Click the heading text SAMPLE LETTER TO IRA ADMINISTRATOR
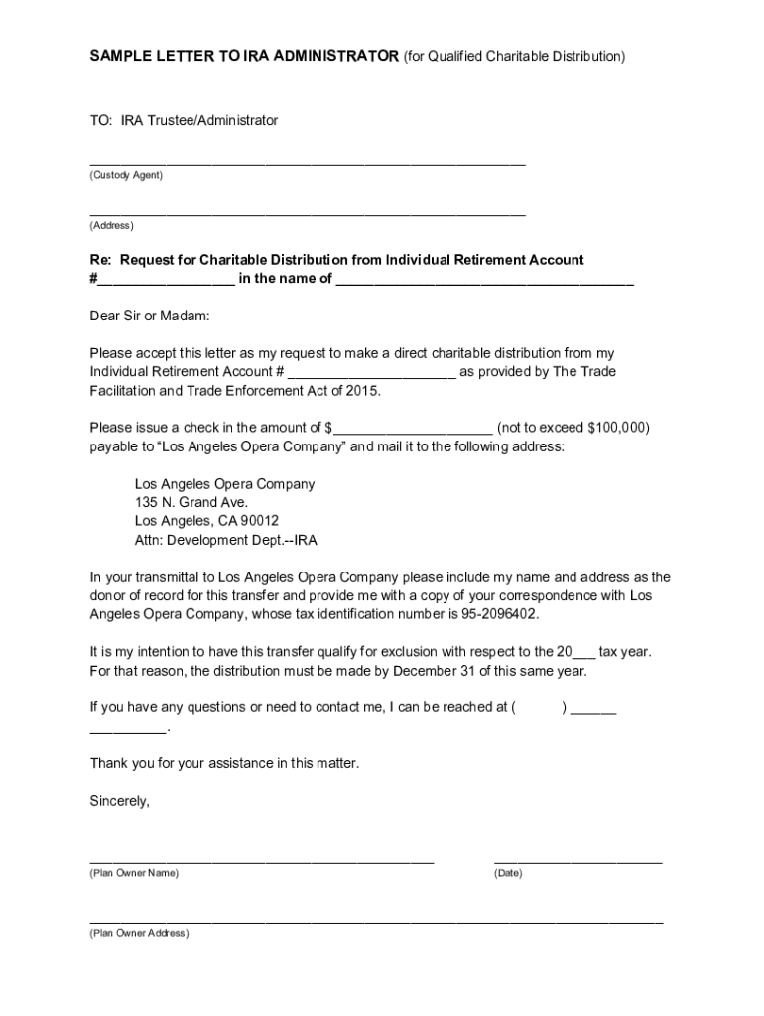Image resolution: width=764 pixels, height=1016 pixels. [x=244, y=56]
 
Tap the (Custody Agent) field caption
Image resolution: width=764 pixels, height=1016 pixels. [x=126, y=175]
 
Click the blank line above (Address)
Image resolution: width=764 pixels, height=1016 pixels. [x=308, y=213]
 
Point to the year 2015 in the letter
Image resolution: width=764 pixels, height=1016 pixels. [x=361, y=390]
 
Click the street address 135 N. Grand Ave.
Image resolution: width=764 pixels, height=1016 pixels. [x=191, y=502]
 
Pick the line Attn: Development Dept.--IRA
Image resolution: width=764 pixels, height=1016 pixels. [x=225, y=540]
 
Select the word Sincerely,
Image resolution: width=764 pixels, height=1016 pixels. [x=119, y=800]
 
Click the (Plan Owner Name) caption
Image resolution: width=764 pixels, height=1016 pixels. [x=134, y=873]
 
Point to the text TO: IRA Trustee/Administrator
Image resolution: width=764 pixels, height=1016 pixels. [x=184, y=120]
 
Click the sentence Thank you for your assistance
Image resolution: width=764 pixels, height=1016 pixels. [x=224, y=763]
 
